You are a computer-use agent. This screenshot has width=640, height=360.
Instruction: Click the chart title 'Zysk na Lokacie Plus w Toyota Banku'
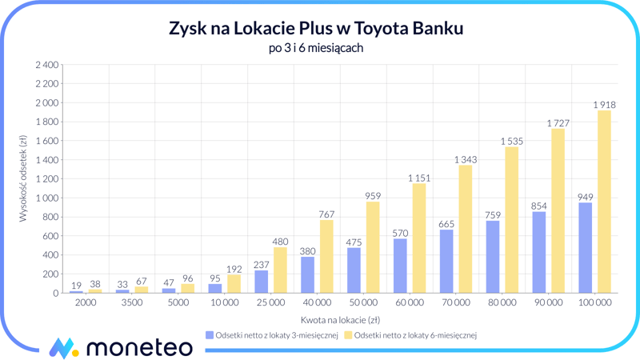[x=316, y=29]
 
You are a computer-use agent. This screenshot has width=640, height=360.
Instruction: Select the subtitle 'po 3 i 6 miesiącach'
[x=316, y=49]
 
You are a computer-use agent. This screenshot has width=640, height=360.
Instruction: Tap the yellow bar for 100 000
[x=604, y=202]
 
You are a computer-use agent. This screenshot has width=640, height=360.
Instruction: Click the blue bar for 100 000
[x=586, y=248]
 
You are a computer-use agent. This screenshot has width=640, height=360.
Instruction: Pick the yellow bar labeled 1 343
[x=465, y=229]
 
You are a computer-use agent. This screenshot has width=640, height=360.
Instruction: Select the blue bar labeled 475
[x=354, y=270]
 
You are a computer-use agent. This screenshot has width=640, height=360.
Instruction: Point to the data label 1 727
[x=558, y=123]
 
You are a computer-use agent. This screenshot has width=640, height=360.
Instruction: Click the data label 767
[x=326, y=214]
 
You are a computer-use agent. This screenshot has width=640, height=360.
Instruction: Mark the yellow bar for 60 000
[x=418, y=238]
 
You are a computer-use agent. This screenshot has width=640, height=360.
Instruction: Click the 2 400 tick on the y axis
[x=46, y=65]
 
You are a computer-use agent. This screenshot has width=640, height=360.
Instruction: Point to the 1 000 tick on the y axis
[x=46, y=198]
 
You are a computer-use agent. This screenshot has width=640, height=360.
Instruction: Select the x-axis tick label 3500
[x=131, y=303]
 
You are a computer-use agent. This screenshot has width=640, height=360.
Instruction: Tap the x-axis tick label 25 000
[x=270, y=303]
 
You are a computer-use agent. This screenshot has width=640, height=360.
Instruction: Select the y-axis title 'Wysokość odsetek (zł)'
[x=23, y=178]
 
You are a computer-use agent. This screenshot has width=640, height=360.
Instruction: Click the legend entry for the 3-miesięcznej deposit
[x=271, y=335]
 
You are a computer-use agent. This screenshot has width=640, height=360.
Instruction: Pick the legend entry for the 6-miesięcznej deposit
[x=410, y=335]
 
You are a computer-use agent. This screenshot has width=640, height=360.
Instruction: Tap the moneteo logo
[x=120, y=347]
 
